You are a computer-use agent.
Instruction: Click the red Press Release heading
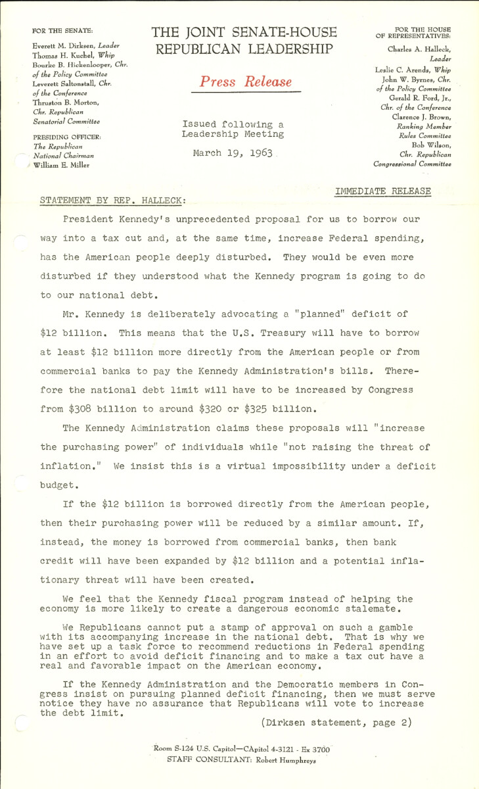click(x=246, y=82)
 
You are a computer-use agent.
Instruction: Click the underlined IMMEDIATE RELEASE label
click(x=383, y=191)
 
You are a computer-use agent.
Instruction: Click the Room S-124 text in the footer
click(x=175, y=749)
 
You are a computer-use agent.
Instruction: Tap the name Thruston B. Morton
click(x=69, y=104)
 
